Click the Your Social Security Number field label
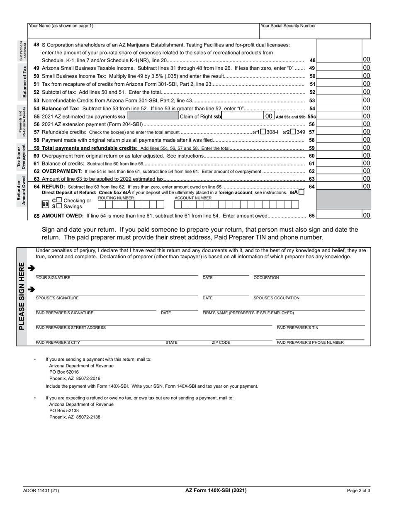(288, 26)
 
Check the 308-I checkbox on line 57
(263, 132)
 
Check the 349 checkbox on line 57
(293, 132)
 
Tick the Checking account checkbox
(59, 200)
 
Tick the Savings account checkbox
(59, 206)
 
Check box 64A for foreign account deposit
(301, 192)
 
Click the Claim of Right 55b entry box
(243, 117)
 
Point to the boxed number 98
(45, 204)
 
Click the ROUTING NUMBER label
(116, 198)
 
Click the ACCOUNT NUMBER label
(193, 198)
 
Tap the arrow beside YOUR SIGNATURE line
(31, 268)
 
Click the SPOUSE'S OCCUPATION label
(276, 298)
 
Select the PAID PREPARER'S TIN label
(297, 328)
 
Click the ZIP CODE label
(221, 343)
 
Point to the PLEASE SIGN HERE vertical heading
(22, 296)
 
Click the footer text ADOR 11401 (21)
(41, 491)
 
